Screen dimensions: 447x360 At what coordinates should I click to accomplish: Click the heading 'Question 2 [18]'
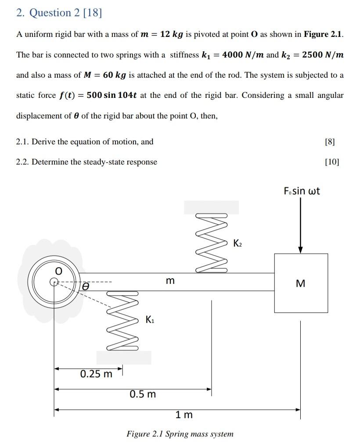coord(59,13)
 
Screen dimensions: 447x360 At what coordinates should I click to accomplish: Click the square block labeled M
coord(301,283)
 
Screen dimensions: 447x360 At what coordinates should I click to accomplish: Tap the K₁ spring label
coord(150,320)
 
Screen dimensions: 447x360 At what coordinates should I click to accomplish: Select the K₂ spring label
coord(237,243)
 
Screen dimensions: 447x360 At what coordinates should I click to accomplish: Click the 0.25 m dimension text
coord(96,374)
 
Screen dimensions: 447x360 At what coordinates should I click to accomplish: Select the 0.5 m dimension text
coord(143,394)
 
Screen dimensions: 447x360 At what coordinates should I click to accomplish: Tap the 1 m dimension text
coord(184,415)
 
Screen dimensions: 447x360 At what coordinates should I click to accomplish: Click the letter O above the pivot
coord(57,267)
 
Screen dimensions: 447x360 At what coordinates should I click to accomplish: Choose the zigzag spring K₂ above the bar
coord(212,243)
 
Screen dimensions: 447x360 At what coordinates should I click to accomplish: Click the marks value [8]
coord(330,142)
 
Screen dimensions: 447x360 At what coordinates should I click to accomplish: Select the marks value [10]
coord(332,162)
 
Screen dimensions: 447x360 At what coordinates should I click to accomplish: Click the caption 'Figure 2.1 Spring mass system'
coord(180,434)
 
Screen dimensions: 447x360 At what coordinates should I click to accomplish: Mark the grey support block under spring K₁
coord(123,358)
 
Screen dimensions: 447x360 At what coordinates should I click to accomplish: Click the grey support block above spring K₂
coord(211,207)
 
